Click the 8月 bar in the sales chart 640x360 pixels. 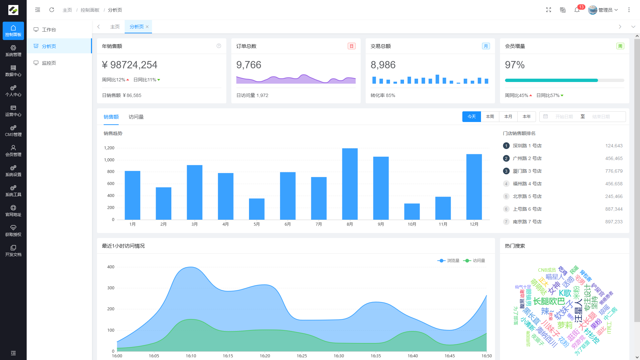pyautogui.click(x=350, y=184)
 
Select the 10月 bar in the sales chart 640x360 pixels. pyautogui.click(x=412, y=211)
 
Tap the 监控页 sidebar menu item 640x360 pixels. pyautogui.click(x=49, y=63)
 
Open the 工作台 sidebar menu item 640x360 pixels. pyautogui.click(x=49, y=30)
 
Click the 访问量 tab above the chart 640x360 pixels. pyautogui.click(x=136, y=117)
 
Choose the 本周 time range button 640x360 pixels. pyautogui.click(x=490, y=117)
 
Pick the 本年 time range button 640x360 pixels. pyautogui.click(x=526, y=117)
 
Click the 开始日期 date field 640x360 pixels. pyautogui.click(x=564, y=117)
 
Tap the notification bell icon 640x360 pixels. pyautogui.click(x=577, y=10)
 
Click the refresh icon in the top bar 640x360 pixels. pyautogui.click(x=52, y=10)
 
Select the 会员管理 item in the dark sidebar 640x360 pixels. pyautogui.click(x=13, y=151)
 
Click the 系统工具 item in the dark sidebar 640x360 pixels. pyautogui.click(x=13, y=191)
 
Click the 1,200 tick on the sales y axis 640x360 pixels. pyautogui.click(x=109, y=148)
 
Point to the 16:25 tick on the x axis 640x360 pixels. pyautogui.click(x=302, y=356)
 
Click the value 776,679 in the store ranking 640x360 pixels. pyautogui.click(x=614, y=171)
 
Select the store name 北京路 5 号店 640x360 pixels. pyautogui.click(x=527, y=196)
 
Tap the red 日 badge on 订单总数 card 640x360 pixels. pyautogui.click(x=351, y=46)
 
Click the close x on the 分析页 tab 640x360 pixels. pyautogui.click(x=147, y=27)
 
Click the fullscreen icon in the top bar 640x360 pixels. pyautogui.click(x=548, y=10)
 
